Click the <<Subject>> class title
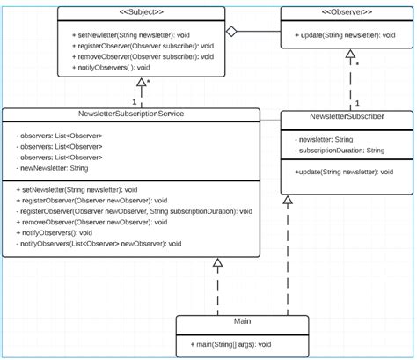point(141,12)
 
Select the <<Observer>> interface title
point(345,12)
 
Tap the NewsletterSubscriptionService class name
point(130,114)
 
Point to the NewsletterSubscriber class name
point(346,116)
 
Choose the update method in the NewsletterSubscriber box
point(344,172)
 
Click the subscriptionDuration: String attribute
point(340,151)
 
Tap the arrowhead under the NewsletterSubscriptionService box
point(217,263)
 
